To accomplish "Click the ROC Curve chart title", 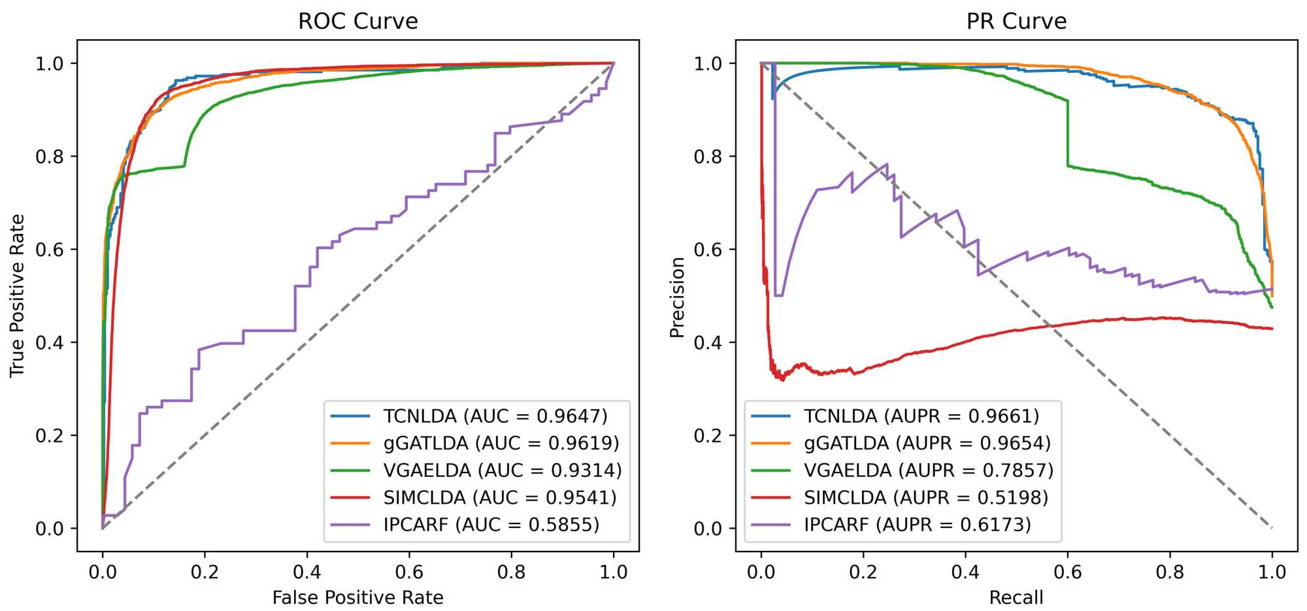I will point(357,21).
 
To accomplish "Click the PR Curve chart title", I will point(1016,21).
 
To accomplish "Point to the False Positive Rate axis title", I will point(357,597).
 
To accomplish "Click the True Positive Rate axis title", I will point(17,295).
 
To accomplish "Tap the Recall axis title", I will point(1016,597).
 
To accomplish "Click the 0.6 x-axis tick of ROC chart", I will point(409,572).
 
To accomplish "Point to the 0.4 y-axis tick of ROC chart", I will point(50,342).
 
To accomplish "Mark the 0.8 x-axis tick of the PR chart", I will point(1170,572).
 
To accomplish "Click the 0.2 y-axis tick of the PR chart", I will point(708,435).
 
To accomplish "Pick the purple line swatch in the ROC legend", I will point(350,525).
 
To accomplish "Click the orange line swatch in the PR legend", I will point(770,443).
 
